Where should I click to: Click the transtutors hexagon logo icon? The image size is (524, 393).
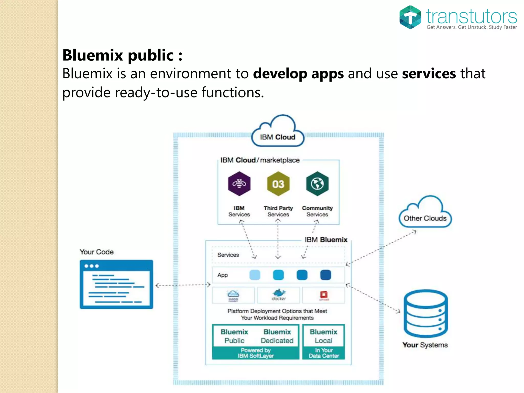410,17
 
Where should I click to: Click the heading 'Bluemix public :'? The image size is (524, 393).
122,55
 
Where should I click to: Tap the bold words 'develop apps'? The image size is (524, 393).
298,74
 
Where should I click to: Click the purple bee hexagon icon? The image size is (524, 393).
239,184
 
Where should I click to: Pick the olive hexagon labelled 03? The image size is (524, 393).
278,184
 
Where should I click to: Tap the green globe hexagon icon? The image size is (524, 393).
317,184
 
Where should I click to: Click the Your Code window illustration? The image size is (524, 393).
116,284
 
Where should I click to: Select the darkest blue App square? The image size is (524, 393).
325,275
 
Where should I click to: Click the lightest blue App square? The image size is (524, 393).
255,275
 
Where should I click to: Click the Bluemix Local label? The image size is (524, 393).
323,336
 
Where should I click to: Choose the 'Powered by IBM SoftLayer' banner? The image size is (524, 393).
256,353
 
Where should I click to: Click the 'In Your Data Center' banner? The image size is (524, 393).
324,353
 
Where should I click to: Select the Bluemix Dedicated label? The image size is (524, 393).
277,336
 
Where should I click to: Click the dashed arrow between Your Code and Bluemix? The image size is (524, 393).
183,285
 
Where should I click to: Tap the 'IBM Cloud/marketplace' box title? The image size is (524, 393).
260,160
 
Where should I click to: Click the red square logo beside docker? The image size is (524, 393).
324,295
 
